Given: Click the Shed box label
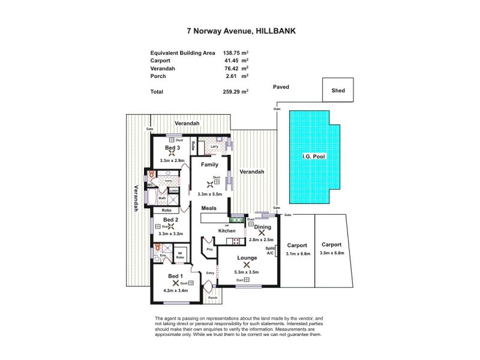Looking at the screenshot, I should click(x=338, y=91).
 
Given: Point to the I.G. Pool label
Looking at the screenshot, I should click(x=310, y=158).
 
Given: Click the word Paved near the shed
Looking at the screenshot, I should click(x=281, y=87).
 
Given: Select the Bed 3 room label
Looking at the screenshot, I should click(x=172, y=148).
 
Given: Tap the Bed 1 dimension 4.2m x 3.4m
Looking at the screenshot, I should click(x=176, y=290).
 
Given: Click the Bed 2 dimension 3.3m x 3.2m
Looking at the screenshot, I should click(x=171, y=233).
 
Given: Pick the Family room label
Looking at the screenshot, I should click(x=209, y=164).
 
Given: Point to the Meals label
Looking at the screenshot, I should click(x=209, y=208).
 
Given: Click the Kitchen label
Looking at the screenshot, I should click(x=226, y=230).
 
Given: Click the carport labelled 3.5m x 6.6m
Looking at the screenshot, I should click(x=331, y=254).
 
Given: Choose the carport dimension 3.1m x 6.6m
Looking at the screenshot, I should click(x=297, y=254).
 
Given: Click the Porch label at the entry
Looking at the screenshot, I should click(x=212, y=298).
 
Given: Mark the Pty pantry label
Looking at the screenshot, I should click(x=210, y=249).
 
